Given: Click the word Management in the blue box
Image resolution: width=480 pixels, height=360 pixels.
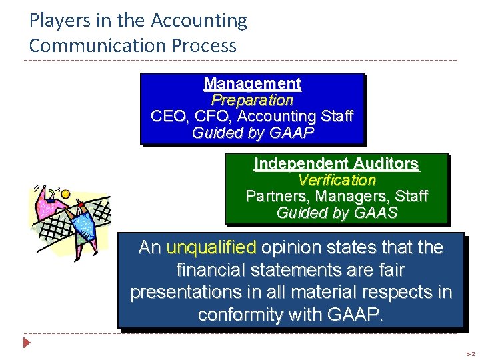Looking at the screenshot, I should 252,84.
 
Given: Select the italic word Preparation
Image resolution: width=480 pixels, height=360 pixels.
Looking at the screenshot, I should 252,100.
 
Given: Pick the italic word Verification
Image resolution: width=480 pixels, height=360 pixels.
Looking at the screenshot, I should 337,180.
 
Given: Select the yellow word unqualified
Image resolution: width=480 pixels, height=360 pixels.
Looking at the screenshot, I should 211,248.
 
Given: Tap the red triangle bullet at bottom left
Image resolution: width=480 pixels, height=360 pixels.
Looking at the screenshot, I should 27,343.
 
